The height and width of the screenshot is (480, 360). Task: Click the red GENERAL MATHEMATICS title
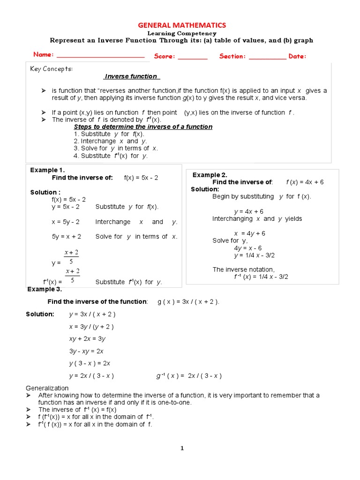(182, 25)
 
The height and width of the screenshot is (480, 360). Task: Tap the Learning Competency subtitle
(182, 33)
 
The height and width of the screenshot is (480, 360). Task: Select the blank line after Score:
(193, 57)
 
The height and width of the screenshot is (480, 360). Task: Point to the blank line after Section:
(267, 57)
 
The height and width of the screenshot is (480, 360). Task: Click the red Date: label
(297, 57)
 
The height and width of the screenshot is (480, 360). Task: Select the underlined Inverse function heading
(132, 76)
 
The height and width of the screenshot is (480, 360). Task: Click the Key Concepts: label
(52, 69)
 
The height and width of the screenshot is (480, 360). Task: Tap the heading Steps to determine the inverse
(143, 127)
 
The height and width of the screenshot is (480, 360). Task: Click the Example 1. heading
(47, 170)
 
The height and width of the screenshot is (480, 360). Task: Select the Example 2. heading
(210, 175)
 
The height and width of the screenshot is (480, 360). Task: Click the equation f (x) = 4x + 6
(305, 182)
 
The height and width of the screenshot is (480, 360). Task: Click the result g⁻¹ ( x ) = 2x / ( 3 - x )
(189, 375)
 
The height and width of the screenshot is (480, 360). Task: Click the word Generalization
(47, 388)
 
